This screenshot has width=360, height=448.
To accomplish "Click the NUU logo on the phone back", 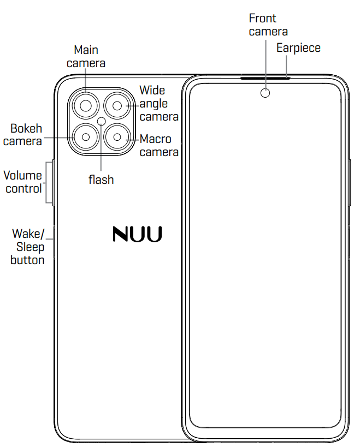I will [137, 234].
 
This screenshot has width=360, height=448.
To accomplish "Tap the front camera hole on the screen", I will [265, 93].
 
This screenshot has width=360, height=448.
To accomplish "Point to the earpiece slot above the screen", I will [265, 77].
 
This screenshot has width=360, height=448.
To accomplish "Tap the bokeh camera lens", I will [86, 138].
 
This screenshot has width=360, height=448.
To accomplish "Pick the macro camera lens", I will [117, 138].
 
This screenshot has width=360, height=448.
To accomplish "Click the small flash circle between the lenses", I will [102, 121].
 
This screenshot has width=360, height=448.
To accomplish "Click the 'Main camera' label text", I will [86, 56].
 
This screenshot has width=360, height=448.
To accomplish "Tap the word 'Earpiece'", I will [298, 47].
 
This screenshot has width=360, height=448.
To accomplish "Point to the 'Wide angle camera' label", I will [158, 103].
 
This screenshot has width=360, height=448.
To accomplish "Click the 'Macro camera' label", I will [158, 145].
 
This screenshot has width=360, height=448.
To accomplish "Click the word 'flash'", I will [101, 180].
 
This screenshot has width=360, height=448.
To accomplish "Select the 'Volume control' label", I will [23, 182].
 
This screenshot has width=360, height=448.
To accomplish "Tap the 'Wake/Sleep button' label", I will [28, 247].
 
